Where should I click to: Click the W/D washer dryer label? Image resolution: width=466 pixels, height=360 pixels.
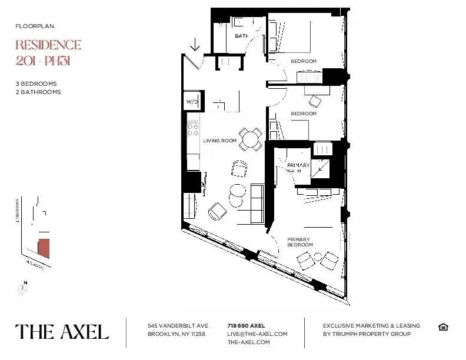(x=192, y=102)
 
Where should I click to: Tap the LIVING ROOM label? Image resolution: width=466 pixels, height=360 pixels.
(x=220, y=141)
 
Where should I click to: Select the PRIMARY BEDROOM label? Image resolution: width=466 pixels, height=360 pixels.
(x=299, y=242)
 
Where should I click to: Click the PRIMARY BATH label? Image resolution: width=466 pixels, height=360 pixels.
(x=298, y=168)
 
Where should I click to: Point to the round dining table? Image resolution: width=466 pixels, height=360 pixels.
(x=251, y=139)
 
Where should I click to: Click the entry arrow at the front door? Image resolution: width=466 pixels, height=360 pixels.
(x=195, y=44)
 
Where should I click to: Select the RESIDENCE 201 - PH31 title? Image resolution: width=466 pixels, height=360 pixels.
(x=48, y=52)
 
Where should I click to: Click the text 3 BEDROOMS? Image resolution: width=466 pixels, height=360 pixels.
(x=36, y=84)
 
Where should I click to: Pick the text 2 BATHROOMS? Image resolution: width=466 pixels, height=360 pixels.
(x=38, y=92)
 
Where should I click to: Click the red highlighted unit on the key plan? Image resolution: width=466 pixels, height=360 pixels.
(x=44, y=249)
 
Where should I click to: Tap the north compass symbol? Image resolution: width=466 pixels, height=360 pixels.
(x=23, y=288)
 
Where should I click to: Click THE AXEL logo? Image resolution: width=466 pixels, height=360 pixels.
(x=62, y=332)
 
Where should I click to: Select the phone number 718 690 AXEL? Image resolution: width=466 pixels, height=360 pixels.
(x=246, y=325)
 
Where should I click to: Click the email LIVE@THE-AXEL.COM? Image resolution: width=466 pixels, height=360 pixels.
(x=257, y=334)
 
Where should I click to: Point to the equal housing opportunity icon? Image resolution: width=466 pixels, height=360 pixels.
(x=443, y=327)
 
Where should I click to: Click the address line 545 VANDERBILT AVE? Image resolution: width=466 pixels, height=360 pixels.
(x=178, y=325)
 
